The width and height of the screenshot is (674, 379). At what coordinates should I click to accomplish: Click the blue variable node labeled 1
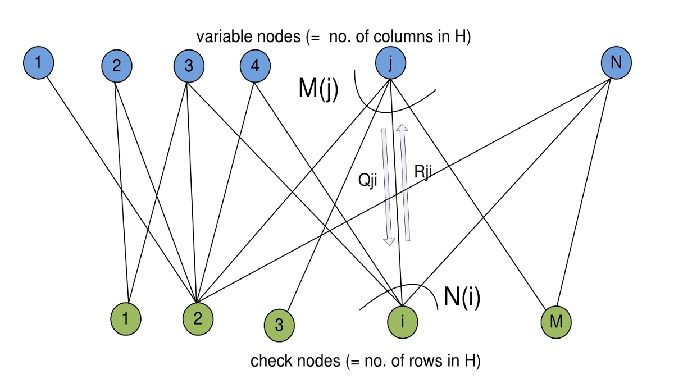(x=38, y=62)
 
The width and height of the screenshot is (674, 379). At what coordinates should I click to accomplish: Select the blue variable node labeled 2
(x=116, y=66)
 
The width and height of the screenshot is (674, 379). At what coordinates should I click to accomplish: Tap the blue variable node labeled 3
(x=189, y=66)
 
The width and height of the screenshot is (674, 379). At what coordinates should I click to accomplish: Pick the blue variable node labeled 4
(x=255, y=66)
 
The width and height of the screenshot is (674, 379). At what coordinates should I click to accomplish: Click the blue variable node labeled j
(x=391, y=62)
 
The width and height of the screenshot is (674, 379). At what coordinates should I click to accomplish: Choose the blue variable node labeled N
(x=616, y=62)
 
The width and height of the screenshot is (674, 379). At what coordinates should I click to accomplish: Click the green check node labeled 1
(x=126, y=318)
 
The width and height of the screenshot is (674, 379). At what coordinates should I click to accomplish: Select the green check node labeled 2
(x=198, y=318)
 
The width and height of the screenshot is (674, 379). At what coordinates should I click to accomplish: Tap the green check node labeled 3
(x=279, y=325)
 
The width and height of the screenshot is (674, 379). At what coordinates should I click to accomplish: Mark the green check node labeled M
(x=556, y=322)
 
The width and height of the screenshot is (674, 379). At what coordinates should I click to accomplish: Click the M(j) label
(x=318, y=89)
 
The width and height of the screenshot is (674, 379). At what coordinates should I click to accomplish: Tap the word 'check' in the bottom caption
(x=271, y=361)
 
